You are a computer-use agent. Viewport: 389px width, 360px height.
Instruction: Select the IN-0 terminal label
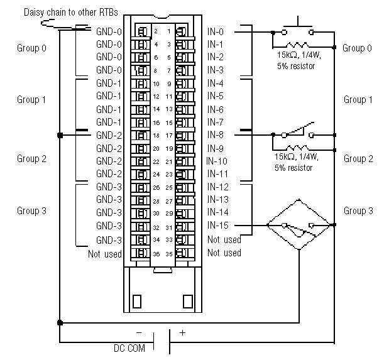pos(216,31)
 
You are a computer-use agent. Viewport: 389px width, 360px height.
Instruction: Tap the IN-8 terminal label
pos(216,135)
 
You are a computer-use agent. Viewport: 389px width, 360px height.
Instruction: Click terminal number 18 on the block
pos(156,135)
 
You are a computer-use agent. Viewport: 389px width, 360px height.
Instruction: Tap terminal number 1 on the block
pos(168,31)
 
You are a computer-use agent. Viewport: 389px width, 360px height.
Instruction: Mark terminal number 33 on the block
pos(168,239)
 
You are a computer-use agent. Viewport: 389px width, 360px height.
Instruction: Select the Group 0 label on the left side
pos(31,48)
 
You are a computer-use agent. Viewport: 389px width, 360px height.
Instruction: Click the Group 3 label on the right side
pos(358,211)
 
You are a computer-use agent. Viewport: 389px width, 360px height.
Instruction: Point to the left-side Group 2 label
pos(31,159)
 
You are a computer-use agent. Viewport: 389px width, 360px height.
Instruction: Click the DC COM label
pos(128,348)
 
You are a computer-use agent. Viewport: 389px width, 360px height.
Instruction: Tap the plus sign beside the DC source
pos(182,333)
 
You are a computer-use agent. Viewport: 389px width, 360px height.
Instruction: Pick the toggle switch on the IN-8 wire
pos(298,133)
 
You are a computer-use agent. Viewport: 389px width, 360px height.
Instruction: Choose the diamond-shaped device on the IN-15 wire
pos(299,225)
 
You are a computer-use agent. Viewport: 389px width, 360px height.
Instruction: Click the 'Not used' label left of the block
pos(105,253)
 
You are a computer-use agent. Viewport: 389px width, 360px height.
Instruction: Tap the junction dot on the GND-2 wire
pos(60,135)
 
